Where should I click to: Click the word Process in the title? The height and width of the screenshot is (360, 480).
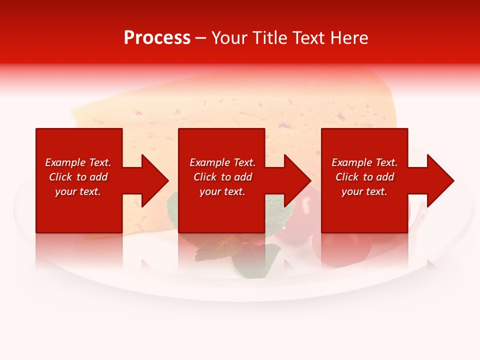coord(157,38)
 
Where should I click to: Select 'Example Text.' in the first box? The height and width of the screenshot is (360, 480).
coord(78,162)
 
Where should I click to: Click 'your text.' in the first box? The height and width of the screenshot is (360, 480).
coord(78,191)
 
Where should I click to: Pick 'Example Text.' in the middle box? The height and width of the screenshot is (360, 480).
coord(222,162)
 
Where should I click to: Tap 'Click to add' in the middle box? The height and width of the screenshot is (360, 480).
coord(222,177)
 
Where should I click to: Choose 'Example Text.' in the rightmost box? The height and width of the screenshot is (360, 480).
coord(364,162)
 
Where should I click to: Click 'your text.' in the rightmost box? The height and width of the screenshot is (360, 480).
coord(364,191)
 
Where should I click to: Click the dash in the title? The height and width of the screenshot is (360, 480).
coord(201,38)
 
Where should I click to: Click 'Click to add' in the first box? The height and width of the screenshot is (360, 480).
coord(78,177)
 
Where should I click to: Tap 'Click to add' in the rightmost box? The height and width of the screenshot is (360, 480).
coord(364,177)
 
